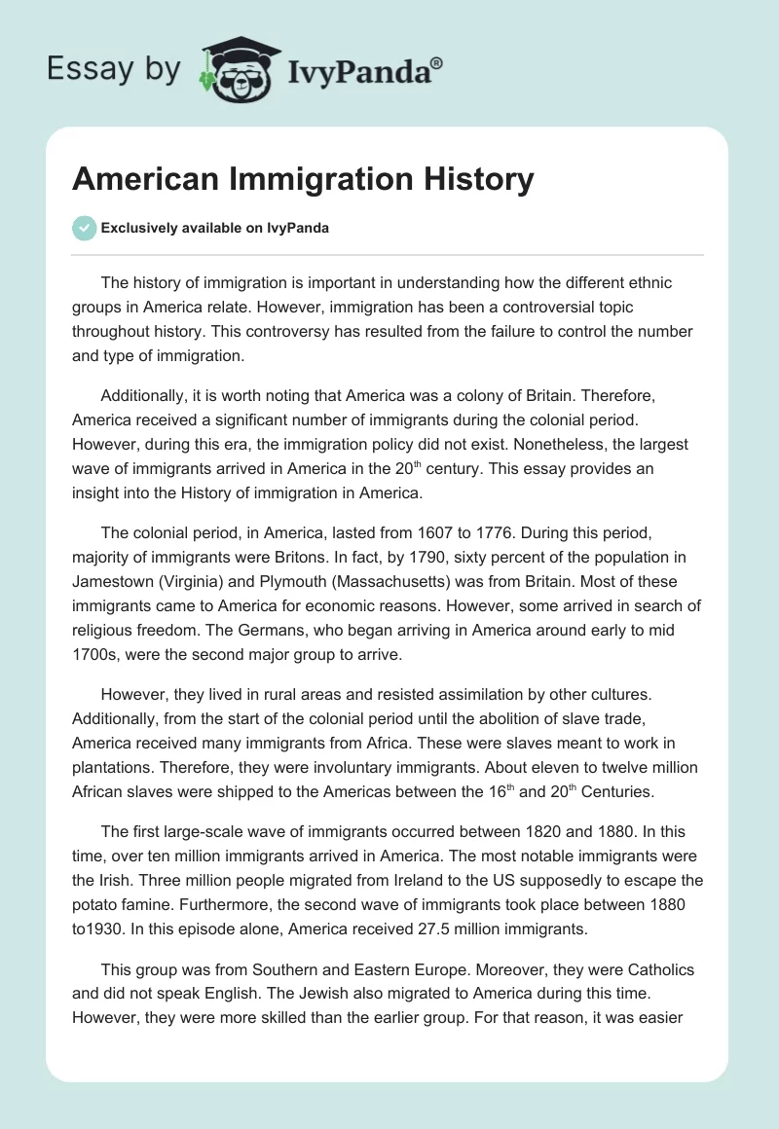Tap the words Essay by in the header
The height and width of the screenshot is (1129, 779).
point(115,69)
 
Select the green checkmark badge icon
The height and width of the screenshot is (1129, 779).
point(84,228)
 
